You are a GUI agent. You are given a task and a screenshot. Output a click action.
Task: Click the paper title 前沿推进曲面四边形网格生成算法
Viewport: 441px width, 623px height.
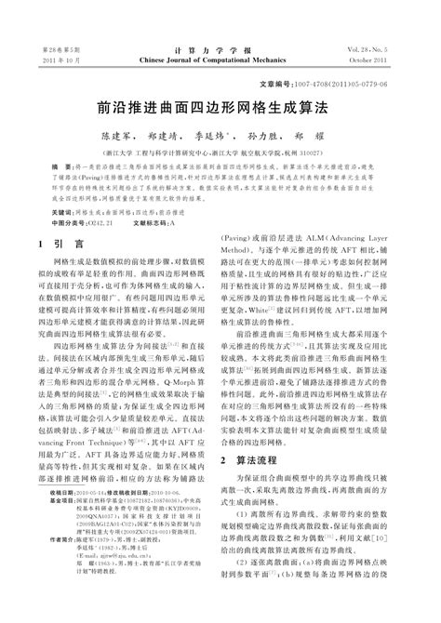[x=220, y=108]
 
